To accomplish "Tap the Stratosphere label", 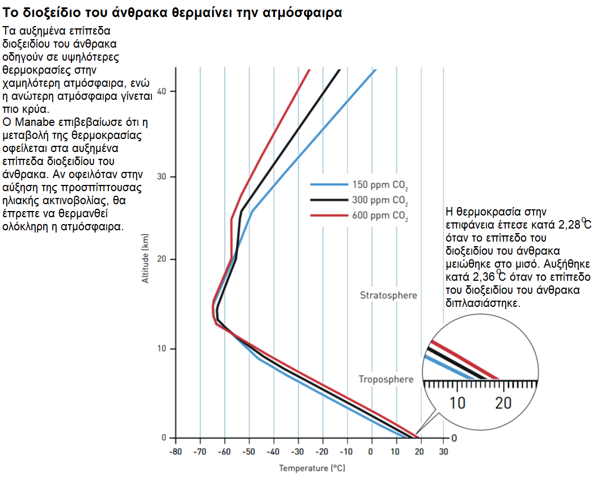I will (388, 296).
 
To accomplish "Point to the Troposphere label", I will (386, 379).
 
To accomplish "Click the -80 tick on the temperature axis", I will (176, 452).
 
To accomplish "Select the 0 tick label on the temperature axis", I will (371, 452).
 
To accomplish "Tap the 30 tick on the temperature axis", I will (444, 452).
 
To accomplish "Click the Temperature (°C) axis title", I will (312, 469).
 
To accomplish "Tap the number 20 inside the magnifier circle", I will (503, 403).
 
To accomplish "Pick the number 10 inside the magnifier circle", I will (458, 403).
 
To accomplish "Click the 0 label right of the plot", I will (454, 438).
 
